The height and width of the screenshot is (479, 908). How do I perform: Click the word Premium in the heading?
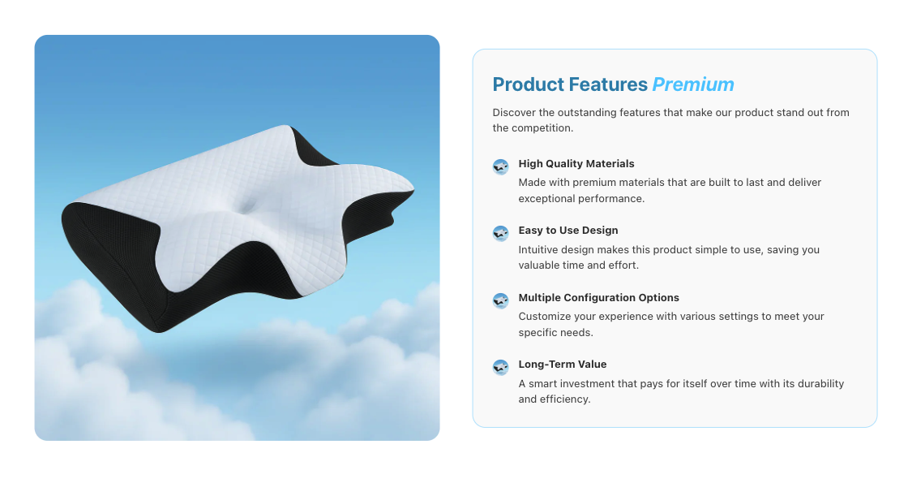pos(693,84)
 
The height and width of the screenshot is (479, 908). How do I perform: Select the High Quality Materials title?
pos(576,163)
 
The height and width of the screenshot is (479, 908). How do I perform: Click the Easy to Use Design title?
pos(568,231)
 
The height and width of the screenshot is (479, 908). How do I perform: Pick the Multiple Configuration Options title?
pos(599,297)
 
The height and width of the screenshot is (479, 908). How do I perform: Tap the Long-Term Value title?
pos(563,365)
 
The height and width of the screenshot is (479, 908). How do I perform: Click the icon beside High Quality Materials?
pos(501,166)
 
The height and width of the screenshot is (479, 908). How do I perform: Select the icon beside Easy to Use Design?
pos(501,233)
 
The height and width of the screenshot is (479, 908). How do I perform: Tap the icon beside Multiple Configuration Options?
pos(501,300)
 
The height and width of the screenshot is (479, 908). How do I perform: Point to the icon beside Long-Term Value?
pos(501,367)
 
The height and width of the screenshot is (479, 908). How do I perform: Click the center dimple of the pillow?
pos(246,204)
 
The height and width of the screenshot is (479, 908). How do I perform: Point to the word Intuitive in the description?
pos(538,249)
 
